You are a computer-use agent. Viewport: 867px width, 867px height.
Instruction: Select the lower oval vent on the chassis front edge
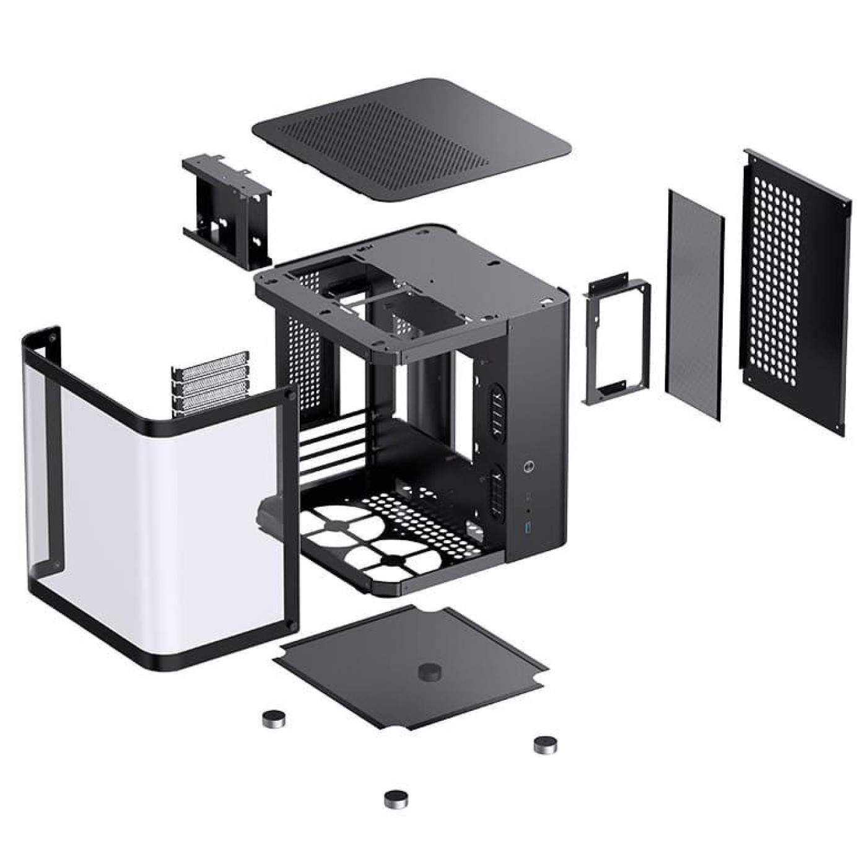coord(497,492)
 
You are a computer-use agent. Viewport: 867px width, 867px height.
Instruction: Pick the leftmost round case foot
coord(272,718)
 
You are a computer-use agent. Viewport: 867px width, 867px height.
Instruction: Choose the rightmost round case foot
coord(546,744)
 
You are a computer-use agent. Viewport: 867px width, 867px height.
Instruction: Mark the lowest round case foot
coord(396,799)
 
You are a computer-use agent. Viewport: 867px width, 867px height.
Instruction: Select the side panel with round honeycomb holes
coord(795,291)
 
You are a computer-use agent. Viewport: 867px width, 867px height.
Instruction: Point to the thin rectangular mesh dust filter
coord(694,303)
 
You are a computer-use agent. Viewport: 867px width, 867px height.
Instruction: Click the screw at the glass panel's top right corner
coord(287,394)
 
